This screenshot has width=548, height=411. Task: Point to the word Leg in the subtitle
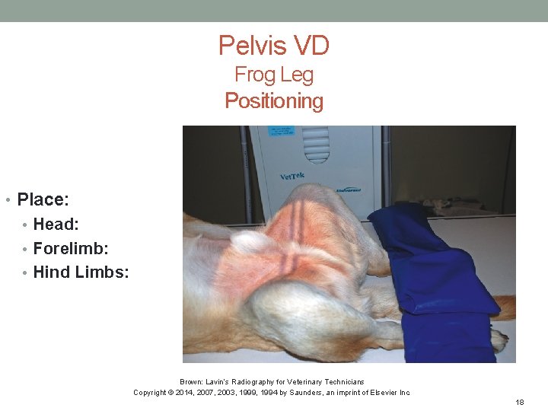coord(296,75)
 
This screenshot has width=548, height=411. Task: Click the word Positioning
coord(274,100)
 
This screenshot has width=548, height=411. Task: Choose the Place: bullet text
coord(43,199)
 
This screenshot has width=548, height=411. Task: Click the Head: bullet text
coord(56,225)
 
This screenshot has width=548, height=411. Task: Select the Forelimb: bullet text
coord(70,248)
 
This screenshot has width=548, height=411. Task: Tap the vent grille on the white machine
coord(317,145)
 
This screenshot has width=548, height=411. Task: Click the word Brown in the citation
coord(190,382)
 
